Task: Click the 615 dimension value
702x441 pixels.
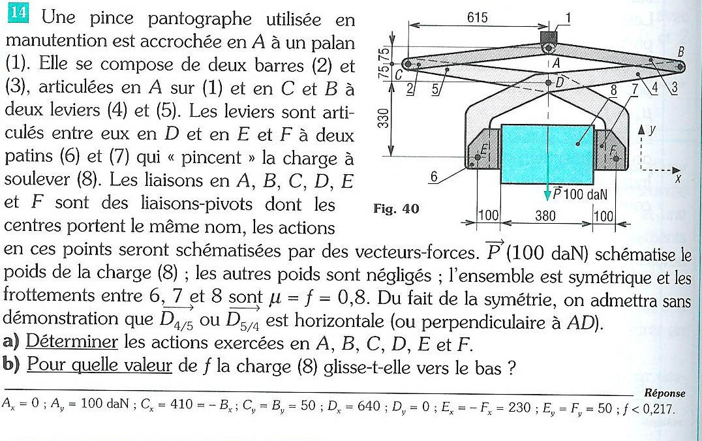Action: coord(478,18)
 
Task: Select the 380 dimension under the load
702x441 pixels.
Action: coord(545,216)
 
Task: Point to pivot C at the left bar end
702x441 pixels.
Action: coord(406,64)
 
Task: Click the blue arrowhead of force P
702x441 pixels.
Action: coord(548,193)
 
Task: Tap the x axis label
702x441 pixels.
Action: coord(679,179)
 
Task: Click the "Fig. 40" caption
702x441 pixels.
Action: coord(395,209)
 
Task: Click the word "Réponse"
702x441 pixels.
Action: coord(664,393)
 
